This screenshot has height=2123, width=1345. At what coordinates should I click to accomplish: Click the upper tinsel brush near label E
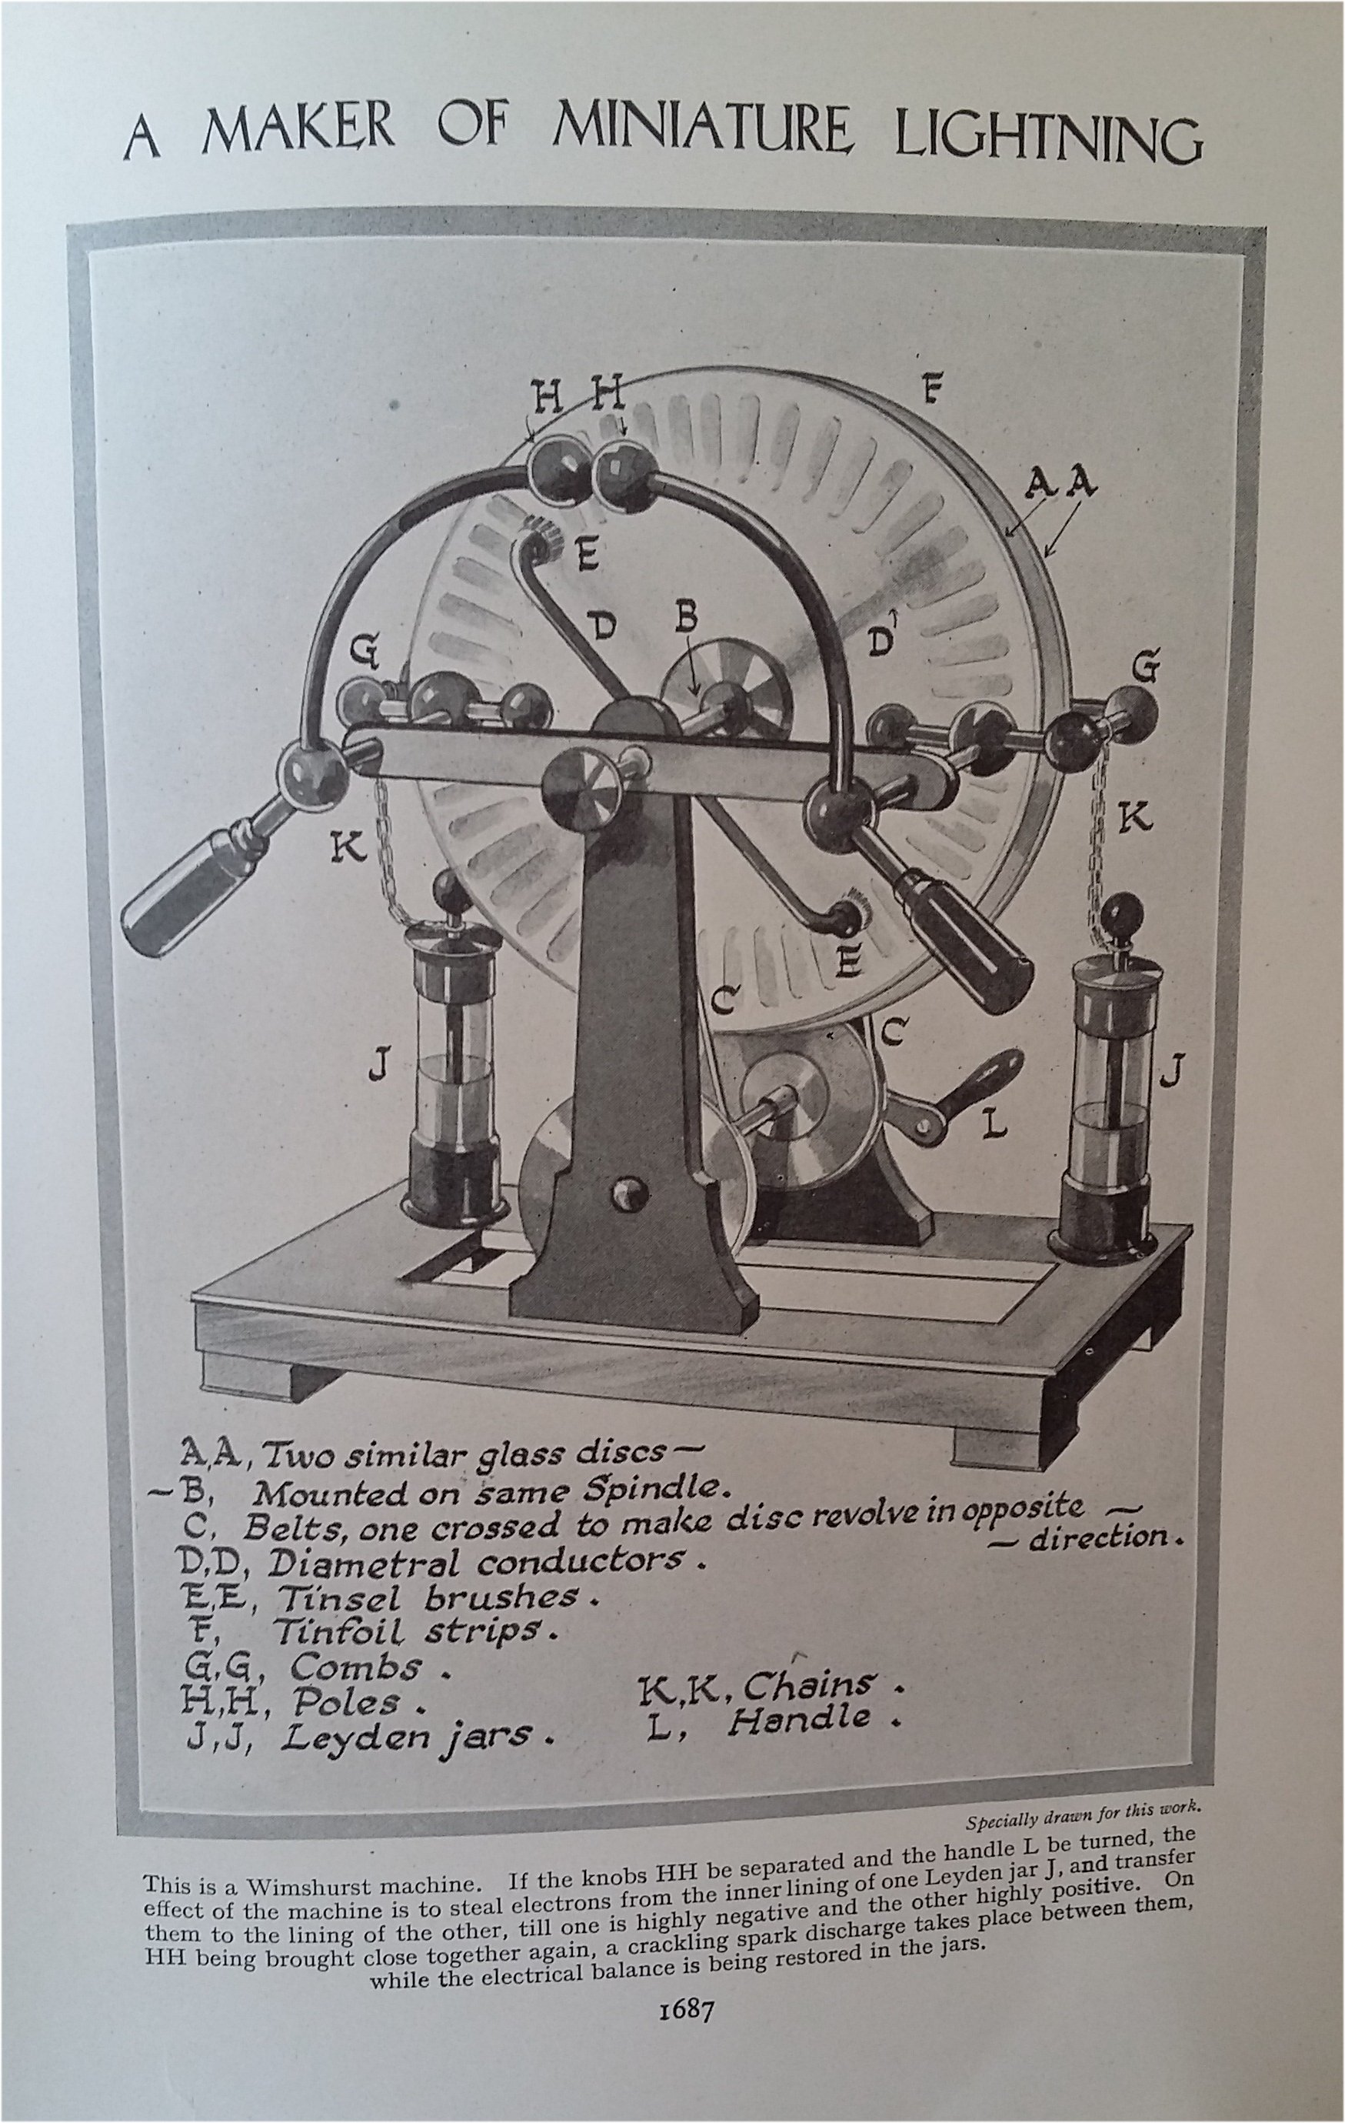click(538, 539)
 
